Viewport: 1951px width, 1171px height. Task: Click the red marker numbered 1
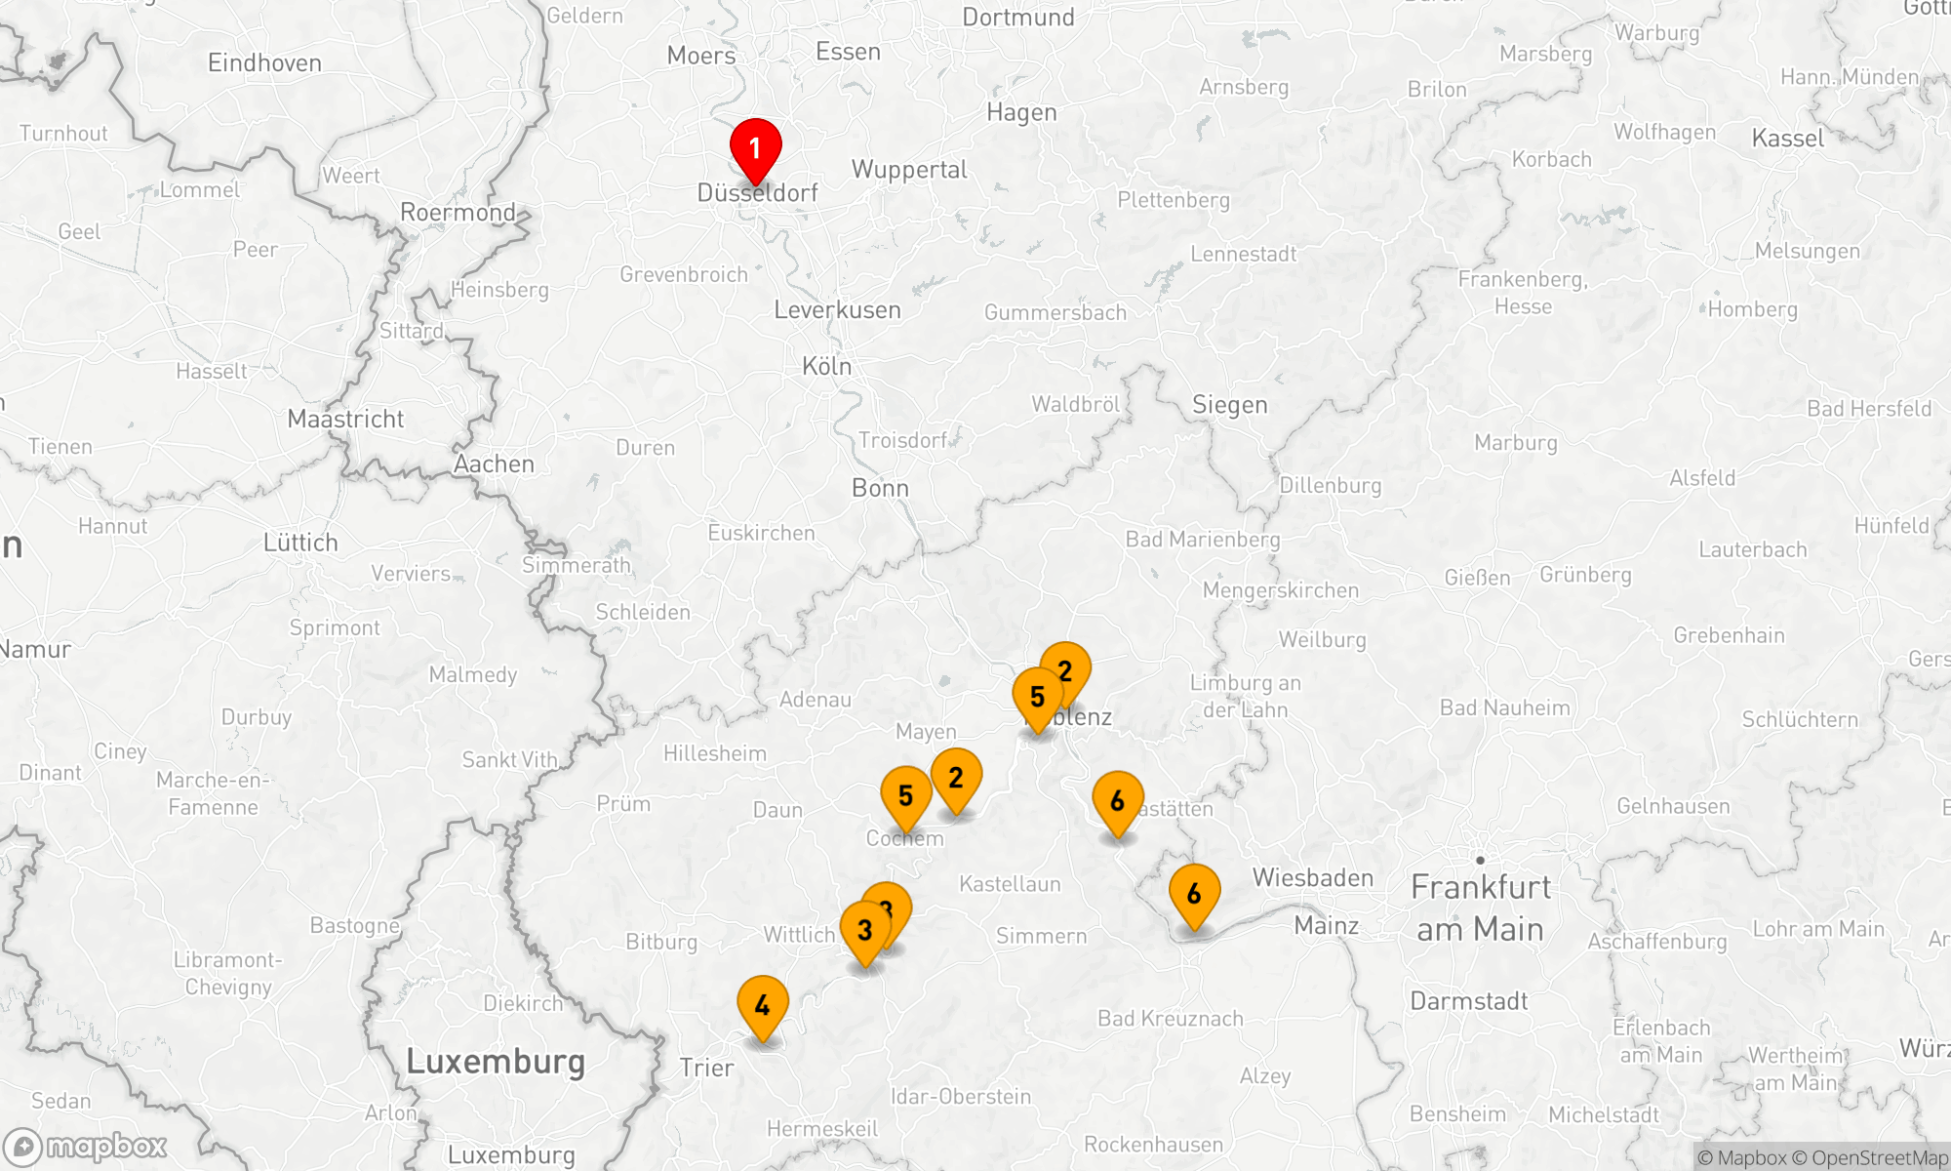755,149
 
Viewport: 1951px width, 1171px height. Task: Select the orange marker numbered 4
763,1005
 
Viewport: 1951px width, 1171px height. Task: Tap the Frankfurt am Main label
1480,908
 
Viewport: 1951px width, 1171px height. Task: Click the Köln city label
826,367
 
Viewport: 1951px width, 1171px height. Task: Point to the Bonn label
880,488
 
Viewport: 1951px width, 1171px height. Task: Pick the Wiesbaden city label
1312,878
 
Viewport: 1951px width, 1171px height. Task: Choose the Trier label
706,1068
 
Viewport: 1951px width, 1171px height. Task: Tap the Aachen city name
494,464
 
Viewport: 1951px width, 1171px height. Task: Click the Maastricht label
345,420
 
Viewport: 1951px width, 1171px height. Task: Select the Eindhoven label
264,63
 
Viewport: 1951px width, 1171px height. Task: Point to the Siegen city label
1229,405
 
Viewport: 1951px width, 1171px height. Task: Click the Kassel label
1787,139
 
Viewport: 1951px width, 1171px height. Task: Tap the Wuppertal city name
909,170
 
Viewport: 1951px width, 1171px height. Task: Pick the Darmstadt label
1468,1001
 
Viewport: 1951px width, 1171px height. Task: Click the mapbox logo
86,1146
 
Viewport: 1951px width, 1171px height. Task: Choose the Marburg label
1515,443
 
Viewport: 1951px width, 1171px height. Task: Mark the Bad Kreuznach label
1170,1019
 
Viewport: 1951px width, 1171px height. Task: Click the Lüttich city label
300,543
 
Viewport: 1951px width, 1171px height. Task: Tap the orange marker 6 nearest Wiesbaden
1194,893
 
